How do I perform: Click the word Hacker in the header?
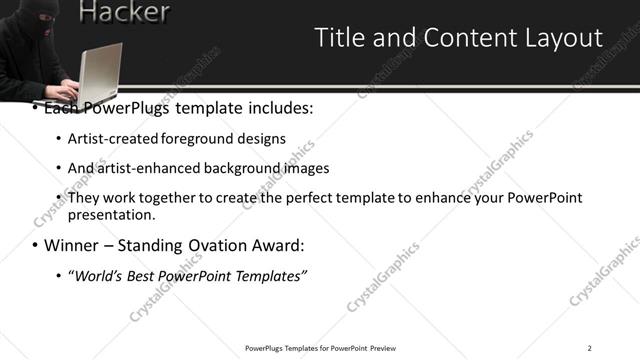[x=124, y=12]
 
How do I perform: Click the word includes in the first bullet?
[x=279, y=108]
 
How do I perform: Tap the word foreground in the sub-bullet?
[x=219, y=138]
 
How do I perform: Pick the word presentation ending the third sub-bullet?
[x=110, y=214]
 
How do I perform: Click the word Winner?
[x=73, y=245]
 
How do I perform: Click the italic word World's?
[x=97, y=275]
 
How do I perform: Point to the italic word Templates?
[x=267, y=275]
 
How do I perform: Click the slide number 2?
[x=590, y=348]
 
